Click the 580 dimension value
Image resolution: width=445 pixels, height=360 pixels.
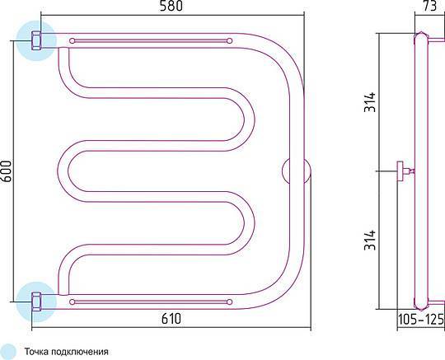(171, 6)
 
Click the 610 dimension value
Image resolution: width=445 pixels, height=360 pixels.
(171, 319)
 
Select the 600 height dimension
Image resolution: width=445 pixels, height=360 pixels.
(6, 171)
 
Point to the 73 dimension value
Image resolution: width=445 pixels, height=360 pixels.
(429, 6)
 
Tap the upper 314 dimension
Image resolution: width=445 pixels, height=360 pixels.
(370, 102)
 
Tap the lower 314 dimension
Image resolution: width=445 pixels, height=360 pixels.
(370, 240)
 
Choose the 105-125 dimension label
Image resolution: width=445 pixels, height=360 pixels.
(421, 320)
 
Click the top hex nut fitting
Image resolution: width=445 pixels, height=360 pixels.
(36, 41)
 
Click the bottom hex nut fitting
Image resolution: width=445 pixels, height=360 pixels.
(36, 302)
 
